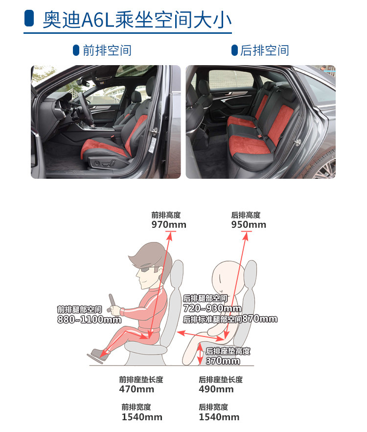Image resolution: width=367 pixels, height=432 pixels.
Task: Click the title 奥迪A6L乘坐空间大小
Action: [137, 20]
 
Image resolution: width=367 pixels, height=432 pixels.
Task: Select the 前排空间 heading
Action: [107, 50]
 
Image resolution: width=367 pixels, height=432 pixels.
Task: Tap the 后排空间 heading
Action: [264, 50]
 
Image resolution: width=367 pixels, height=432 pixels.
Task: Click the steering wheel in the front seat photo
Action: [86, 109]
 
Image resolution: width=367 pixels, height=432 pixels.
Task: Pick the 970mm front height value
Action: [169, 224]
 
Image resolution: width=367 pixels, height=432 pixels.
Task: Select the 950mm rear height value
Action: [249, 224]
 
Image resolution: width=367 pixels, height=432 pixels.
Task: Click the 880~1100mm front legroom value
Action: [89, 319]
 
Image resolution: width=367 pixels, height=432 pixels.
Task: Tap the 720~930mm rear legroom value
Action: [212, 308]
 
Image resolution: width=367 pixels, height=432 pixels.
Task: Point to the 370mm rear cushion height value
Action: [223, 360]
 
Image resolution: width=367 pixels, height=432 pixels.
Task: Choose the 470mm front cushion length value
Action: [137, 389]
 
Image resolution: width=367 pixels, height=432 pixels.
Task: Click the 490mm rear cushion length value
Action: [216, 389]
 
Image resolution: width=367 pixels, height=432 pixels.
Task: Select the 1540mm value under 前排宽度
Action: [142, 417]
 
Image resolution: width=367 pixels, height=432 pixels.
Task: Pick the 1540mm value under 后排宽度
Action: [219, 417]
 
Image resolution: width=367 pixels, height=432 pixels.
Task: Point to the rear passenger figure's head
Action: [228, 277]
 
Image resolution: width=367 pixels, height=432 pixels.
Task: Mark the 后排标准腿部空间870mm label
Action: [230, 319]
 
